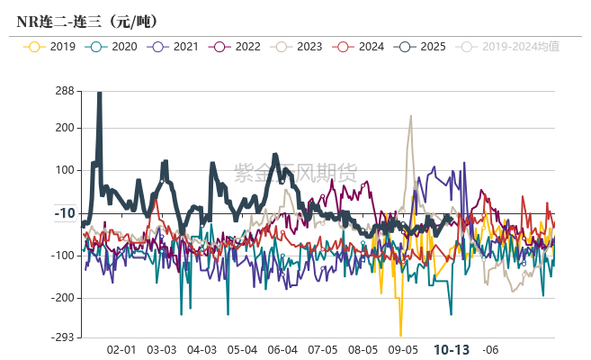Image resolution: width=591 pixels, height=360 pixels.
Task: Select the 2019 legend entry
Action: click(x=54, y=46)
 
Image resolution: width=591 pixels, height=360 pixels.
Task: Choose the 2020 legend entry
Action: click(x=116, y=46)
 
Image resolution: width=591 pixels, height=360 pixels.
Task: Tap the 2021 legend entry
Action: click(x=177, y=46)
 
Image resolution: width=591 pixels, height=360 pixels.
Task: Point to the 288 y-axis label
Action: click(x=64, y=91)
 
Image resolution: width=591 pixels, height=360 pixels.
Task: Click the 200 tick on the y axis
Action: click(x=64, y=128)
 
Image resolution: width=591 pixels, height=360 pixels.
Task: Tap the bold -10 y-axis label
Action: click(x=64, y=213)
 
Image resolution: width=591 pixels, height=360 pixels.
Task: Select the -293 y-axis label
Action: click(x=62, y=337)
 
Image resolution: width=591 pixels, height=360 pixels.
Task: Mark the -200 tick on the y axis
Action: click(x=62, y=298)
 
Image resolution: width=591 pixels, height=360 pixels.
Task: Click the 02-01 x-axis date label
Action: click(x=121, y=349)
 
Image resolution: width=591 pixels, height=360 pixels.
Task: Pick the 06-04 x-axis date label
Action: click(x=282, y=349)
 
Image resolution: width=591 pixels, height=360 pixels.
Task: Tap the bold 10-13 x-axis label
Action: click(x=452, y=349)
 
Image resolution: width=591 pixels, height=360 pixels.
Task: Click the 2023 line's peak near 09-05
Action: click(x=410, y=116)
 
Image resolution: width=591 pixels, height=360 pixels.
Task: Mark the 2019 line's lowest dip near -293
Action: click(x=400, y=335)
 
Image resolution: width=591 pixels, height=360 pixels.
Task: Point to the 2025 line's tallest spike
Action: click(x=99, y=93)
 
